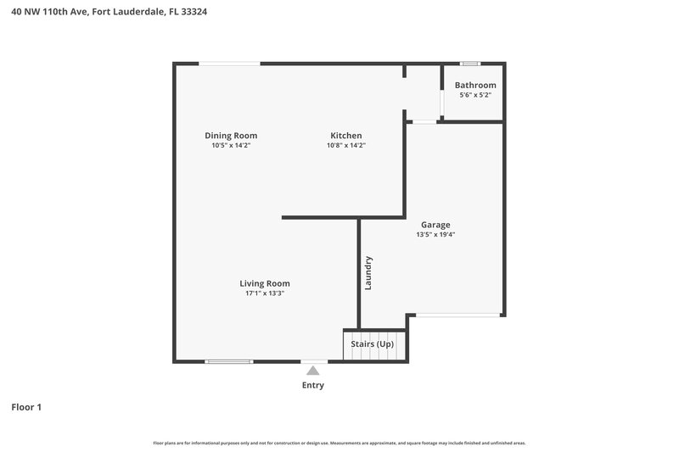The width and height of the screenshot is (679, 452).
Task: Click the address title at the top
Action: click(x=109, y=12)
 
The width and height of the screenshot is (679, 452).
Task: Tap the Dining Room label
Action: click(x=231, y=136)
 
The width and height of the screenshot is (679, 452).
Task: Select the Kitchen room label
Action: click(x=346, y=136)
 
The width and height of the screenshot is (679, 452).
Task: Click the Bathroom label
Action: click(x=475, y=85)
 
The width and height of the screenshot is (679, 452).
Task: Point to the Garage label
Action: click(x=435, y=225)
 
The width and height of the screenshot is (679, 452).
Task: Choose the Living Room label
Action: click(x=265, y=283)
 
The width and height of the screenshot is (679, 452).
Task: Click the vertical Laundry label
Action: click(x=368, y=273)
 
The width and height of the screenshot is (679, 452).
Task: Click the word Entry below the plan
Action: click(x=313, y=385)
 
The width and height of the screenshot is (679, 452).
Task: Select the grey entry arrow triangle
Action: click(x=313, y=370)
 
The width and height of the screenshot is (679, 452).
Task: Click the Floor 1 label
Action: click(x=26, y=407)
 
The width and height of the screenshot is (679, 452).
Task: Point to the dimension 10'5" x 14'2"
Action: click(x=231, y=146)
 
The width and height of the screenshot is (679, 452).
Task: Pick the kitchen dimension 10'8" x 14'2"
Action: click(x=346, y=146)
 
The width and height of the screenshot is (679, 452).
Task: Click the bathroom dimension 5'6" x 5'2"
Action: click(x=475, y=95)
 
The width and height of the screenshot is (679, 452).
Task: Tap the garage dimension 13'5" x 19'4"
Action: click(x=435, y=235)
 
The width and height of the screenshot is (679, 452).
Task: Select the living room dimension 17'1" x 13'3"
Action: click(x=265, y=293)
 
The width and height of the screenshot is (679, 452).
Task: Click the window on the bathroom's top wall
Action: click(x=469, y=64)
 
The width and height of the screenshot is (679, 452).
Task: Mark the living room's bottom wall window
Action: click(x=229, y=361)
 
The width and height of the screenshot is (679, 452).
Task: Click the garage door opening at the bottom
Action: click(x=457, y=315)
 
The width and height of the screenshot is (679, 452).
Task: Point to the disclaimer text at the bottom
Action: click(x=339, y=443)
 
